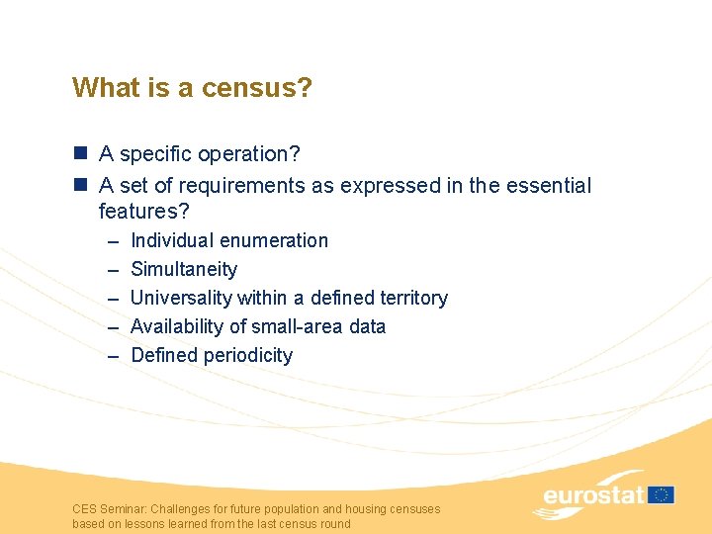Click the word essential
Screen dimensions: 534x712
coord(547,185)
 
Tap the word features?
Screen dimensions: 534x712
coord(143,211)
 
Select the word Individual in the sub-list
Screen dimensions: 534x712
coord(172,240)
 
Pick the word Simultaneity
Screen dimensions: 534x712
coord(184,269)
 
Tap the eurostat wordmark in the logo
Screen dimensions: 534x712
coord(593,494)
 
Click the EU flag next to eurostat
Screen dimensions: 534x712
coord(662,493)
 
